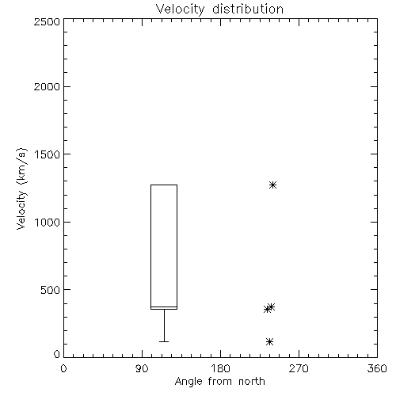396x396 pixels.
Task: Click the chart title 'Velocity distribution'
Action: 219,10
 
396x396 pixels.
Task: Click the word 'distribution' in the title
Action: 248,10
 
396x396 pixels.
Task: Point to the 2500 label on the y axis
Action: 48,21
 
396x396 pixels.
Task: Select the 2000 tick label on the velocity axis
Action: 48,86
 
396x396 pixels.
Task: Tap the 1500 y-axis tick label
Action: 48,154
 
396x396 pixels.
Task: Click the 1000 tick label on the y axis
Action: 48,223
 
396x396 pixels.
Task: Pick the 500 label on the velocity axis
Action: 51,290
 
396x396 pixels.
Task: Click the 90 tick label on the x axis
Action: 142,368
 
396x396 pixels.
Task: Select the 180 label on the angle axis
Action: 220,368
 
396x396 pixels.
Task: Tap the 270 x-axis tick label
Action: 299,368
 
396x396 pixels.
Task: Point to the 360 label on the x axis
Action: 377,368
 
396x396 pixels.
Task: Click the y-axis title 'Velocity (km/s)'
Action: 21,188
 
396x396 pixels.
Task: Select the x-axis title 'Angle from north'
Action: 219,382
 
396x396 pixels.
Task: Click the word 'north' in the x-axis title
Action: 252,382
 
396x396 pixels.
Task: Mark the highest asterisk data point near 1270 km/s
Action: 272,185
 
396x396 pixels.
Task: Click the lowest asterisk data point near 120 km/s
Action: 269,342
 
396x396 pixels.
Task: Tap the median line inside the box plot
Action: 164,307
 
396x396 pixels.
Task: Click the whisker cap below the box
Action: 164,341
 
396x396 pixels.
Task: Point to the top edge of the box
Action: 164,185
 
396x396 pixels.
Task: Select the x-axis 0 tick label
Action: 63,368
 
